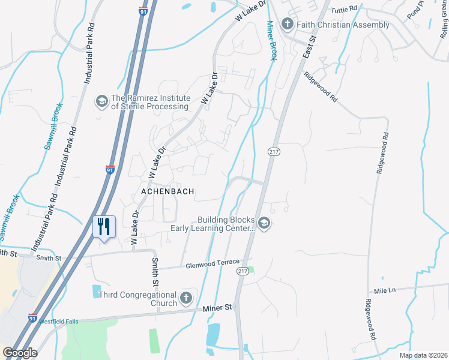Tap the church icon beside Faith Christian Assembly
tap(287, 24)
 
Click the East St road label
tap(310, 44)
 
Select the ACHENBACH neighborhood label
tap(167, 191)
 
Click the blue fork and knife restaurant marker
tap(104, 227)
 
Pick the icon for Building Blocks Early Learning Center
tap(265, 224)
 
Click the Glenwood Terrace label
tap(212, 265)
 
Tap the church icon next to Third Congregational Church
tap(187, 298)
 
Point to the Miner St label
tap(217, 308)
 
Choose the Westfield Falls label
tap(59, 322)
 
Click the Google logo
tap(19, 353)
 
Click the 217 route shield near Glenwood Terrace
tap(243, 272)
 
